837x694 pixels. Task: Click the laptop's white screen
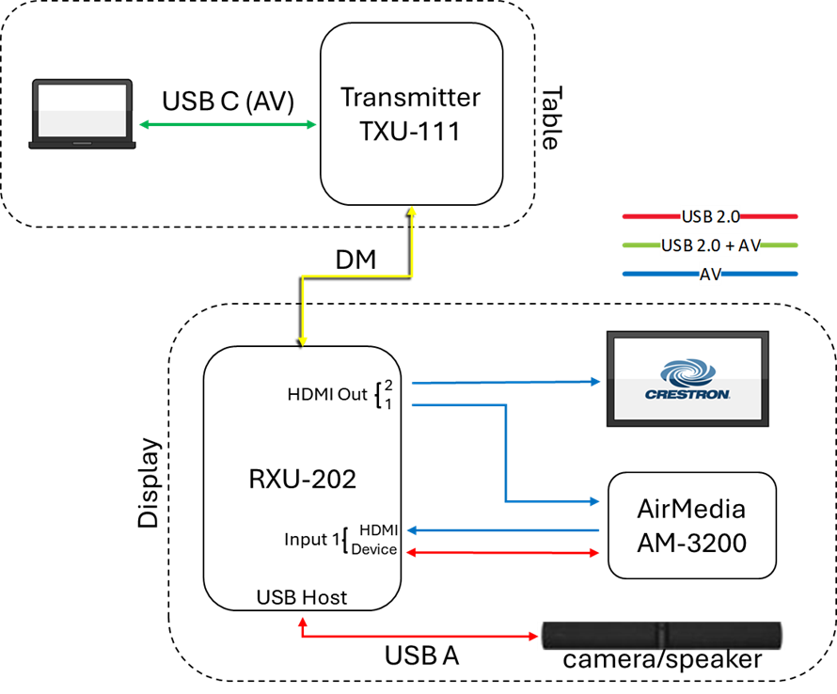(83, 109)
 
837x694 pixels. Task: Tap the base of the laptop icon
(83, 144)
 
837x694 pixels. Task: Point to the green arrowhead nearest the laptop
(144, 124)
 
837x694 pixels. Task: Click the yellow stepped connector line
(357, 276)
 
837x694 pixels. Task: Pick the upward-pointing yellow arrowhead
(412, 211)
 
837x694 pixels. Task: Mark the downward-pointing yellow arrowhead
(303, 339)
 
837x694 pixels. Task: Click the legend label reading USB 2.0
(710, 217)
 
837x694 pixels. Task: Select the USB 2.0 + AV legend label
(710, 245)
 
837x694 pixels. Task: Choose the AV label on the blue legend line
(710, 275)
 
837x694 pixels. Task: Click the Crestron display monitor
(687, 378)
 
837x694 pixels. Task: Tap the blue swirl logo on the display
(687, 371)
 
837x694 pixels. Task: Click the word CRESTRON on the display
(687, 395)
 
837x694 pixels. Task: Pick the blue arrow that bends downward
(506, 451)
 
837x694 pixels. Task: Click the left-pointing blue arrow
(503, 530)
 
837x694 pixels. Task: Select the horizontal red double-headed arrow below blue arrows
(503, 553)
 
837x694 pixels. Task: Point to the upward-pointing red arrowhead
(303, 623)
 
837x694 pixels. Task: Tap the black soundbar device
(661, 636)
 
